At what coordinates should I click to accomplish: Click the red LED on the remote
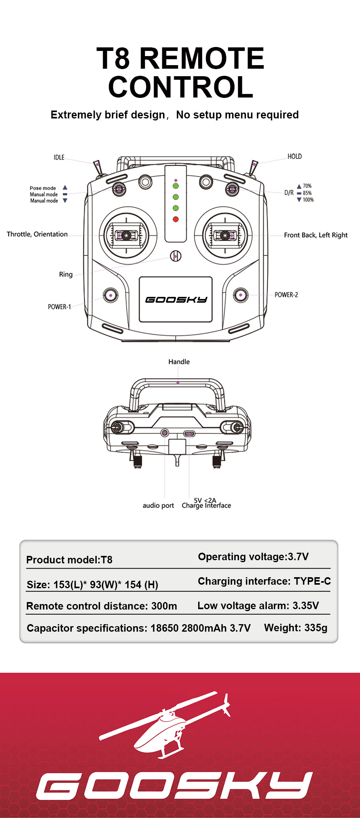click(176, 219)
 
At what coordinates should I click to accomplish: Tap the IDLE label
click(59, 157)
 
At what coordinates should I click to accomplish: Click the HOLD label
click(294, 156)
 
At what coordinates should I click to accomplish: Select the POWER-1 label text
click(59, 307)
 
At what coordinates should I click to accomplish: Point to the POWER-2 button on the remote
click(240, 295)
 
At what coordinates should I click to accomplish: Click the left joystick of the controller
click(126, 236)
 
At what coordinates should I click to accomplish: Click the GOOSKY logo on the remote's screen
click(176, 300)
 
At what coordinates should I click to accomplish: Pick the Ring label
click(66, 274)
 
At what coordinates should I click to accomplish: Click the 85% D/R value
click(307, 193)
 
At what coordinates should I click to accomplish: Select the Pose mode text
click(43, 188)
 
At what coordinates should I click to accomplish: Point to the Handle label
click(179, 362)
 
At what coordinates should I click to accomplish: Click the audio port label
click(158, 505)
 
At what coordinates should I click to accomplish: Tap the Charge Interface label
click(206, 505)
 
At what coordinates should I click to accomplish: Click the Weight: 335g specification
click(296, 628)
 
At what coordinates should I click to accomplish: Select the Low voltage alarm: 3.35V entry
click(258, 606)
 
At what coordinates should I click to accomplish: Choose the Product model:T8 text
click(69, 560)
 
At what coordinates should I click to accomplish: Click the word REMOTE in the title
click(202, 58)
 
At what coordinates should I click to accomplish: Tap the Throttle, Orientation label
click(37, 234)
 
